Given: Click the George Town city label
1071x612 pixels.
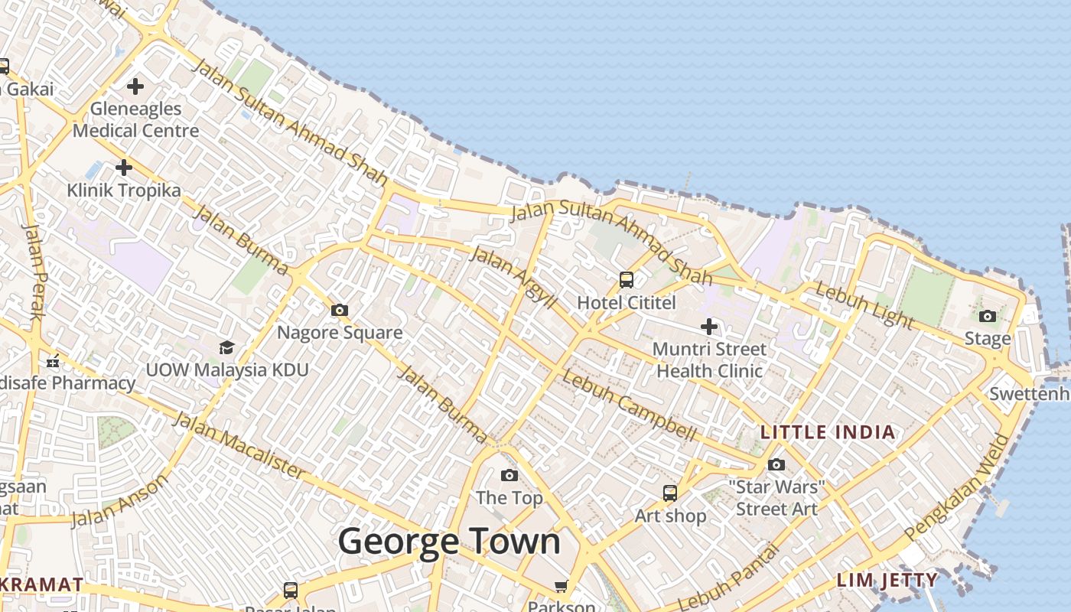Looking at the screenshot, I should coord(449,542).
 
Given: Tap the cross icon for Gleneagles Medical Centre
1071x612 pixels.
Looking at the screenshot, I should coord(135,86).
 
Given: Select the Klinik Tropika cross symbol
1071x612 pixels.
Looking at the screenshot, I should coord(124,167).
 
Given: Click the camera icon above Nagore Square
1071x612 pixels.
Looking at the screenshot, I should coord(340,310).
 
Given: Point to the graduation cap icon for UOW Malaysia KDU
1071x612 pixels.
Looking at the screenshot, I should coord(226,348).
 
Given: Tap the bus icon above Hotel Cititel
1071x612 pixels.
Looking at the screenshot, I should coord(627,280).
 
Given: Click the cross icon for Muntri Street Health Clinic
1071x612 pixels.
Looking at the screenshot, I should coord(709,327).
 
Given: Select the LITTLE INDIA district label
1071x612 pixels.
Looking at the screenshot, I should coord(827,432).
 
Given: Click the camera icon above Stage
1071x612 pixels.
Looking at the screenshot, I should coord(988,316).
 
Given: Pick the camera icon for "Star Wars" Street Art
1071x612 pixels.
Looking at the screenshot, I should coord(776,464).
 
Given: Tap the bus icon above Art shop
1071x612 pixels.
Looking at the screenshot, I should coord(670,493).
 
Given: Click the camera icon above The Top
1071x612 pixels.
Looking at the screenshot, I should coord(509,476).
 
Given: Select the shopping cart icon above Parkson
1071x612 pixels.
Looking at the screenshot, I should coord(562,586).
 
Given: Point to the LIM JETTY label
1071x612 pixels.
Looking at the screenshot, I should coord(887,580).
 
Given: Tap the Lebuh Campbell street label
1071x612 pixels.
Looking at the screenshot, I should coord(629,405).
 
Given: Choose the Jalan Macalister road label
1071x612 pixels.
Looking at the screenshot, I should coord(238,444).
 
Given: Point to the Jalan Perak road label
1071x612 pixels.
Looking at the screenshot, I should coord(35,272).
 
